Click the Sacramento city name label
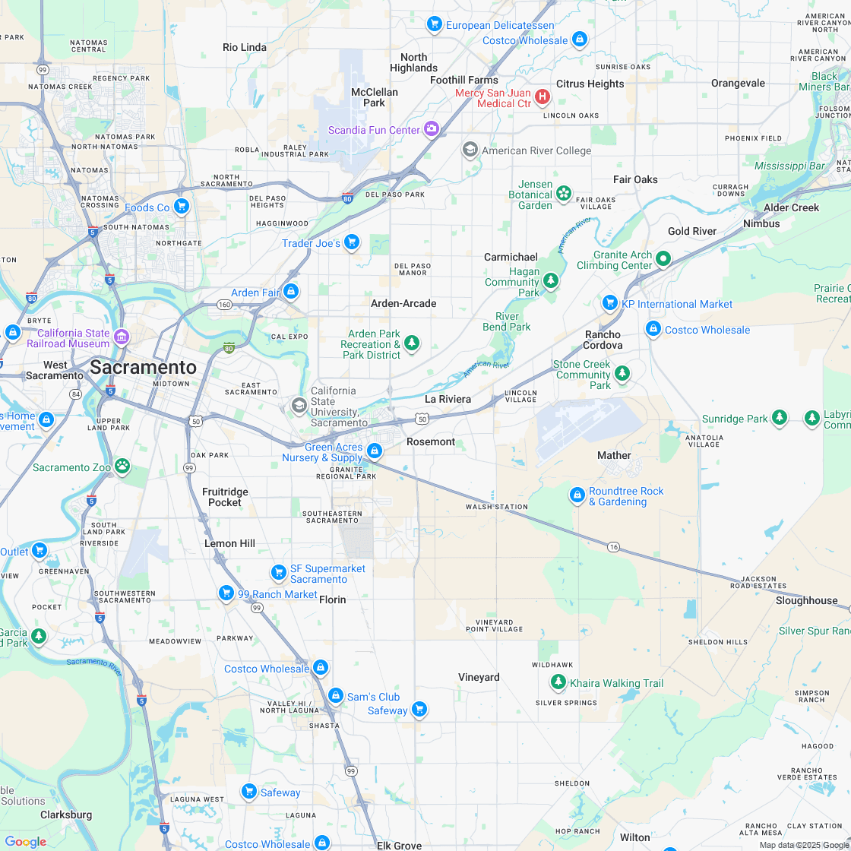coord(143,368)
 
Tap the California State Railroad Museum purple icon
coord(122,336)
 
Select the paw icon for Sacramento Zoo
coord(122,465)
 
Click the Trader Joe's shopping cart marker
coord(351,242)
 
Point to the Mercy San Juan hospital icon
coord(543,96)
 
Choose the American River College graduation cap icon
coord(470,150)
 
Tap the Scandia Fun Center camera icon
coord(432,128)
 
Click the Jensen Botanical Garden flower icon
coord(563,193)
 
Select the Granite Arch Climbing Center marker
coord(663,259)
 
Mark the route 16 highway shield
coord(613,546)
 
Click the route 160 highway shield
coord(224,305)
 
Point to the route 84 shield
coord(75,394)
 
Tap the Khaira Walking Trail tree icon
coord(558,682)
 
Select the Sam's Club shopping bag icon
coord(335,695)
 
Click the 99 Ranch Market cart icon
coord(226,593)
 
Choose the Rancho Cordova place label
coord(603,340)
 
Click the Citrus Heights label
coord(590,84)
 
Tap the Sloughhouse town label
coord(806,600)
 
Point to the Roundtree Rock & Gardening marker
coord(577,495)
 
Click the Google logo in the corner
coord(25,841)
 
